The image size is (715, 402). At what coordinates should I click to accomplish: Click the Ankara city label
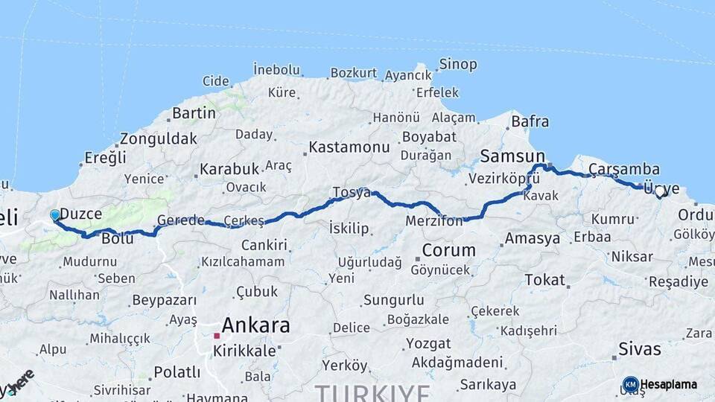tap(255, 325)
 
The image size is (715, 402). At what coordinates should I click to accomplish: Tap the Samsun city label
tap(512, 156)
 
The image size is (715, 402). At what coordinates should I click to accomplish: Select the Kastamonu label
tap(349, 147)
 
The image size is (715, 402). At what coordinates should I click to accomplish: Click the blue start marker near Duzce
tap(54, 215)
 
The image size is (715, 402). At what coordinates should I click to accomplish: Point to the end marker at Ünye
tap(660, 192)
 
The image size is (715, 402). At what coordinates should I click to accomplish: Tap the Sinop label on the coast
tap(457, 65)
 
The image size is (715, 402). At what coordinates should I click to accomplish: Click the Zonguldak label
tap(158, 138)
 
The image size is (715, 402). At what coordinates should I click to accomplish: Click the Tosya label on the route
tap(351, 192)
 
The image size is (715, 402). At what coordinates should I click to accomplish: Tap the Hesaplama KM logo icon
tap(630, 384)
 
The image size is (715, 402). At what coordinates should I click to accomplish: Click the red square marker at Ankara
tap(217, 336)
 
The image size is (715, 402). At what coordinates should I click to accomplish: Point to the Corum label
tap(448, 249)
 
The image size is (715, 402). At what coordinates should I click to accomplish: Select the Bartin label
tap(194, 113)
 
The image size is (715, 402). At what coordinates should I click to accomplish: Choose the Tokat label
tap(544, 279)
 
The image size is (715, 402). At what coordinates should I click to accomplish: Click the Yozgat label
tap(428, 344)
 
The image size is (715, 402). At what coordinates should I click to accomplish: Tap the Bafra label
tap(530, 121)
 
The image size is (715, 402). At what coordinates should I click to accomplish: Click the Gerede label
tap(180, 220)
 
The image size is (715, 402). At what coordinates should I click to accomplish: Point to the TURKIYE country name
tap(372, 392)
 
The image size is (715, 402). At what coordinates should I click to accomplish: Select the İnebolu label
tap(276, 69)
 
